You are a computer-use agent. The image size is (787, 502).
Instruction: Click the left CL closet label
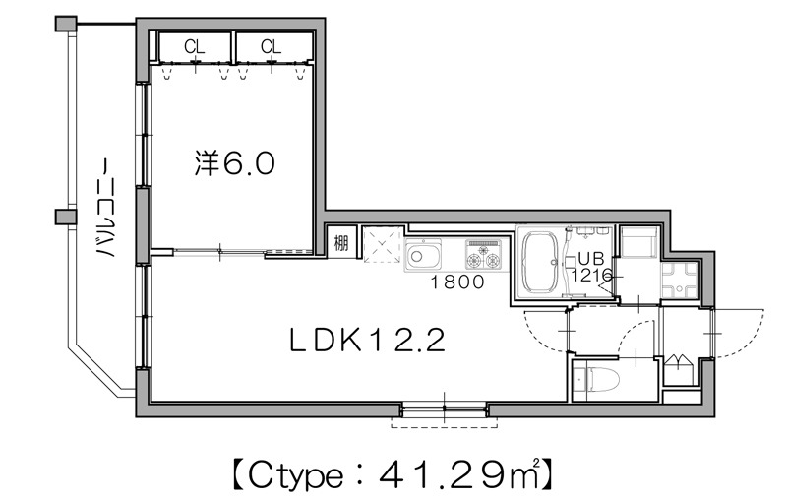(194, 46)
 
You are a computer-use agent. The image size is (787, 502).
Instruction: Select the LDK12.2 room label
(369, 342)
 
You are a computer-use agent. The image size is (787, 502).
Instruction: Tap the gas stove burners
(483, 256)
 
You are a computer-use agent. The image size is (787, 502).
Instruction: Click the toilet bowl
(603, 379)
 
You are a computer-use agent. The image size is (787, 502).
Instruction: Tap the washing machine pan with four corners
(680, 281)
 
